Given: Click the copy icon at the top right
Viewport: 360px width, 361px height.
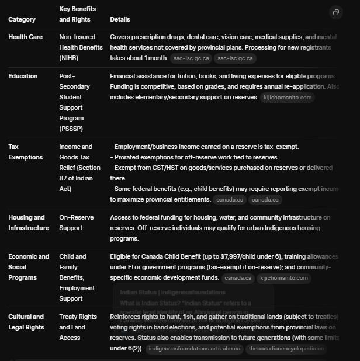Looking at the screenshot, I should pos(336,12).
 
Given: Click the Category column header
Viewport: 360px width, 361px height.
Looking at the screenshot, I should pos(22,20).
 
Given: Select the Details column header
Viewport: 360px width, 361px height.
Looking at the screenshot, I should pos(120,20).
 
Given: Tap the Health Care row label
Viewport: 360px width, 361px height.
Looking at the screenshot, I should pos(25,37).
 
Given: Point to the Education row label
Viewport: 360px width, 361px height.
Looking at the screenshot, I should pos(23,77).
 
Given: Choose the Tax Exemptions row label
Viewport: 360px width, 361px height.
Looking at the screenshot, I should pos(25,152).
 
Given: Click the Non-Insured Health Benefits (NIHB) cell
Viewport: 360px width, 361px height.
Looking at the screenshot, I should pos(77,48).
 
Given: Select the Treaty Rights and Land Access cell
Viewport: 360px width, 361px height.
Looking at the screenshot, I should pos(78,327).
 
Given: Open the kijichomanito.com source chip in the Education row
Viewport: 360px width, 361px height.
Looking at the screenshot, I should pos(288,98).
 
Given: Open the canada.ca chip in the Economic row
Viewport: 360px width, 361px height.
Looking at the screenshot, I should pos(238,278).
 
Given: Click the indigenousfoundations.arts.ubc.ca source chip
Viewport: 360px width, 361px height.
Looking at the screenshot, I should pos(193,349).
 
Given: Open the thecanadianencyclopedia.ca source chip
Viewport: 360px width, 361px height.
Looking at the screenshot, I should pos(285,349).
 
